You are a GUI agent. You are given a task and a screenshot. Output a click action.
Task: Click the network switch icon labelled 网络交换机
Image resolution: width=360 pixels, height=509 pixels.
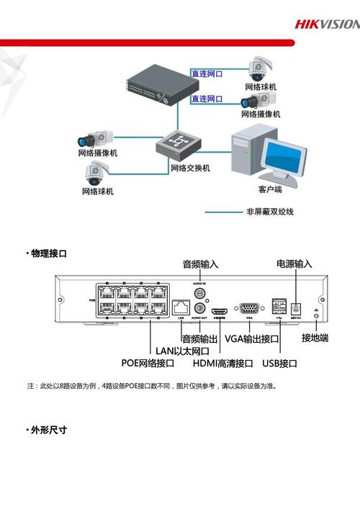[x=176, y=146]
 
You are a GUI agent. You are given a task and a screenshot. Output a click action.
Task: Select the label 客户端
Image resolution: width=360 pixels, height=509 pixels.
[x=270, y=189]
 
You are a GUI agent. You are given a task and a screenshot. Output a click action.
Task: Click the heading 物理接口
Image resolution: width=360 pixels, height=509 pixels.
[x=48, y=253]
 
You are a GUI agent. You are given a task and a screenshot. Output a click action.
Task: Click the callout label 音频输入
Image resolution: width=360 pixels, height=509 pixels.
[x=200, y=264]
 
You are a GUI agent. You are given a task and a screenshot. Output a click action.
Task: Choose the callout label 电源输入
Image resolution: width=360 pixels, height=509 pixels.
[x=294, y=264]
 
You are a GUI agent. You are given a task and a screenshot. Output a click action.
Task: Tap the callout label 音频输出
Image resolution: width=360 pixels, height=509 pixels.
[x=199, y=338]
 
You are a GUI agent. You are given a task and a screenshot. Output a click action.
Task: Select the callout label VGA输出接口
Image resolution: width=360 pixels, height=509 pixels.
[x=251, y=338]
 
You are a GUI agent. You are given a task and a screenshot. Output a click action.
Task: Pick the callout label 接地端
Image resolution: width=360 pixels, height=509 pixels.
[x=315, y=338]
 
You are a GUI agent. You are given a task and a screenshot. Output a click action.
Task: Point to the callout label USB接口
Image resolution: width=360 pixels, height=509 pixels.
[x=279, y=364]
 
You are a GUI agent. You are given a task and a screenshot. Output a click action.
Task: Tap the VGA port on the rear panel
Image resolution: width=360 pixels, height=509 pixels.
[x=249, y=307]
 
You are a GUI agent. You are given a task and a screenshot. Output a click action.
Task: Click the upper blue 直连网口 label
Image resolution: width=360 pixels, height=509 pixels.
[x=207, y=73]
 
